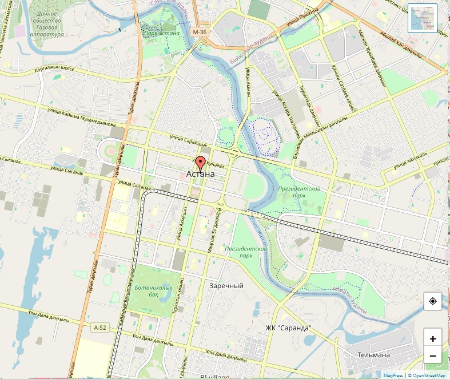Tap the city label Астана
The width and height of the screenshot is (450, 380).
[x=201, y=174]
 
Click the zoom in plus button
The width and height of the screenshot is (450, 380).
[x=433, y=338]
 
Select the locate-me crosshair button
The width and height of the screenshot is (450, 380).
[x=433, y=301]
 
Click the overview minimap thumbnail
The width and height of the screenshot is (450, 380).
[x=423, y=18]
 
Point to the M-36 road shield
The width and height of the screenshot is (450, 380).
[x=200, y=32]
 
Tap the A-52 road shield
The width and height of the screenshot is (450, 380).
[x=99, y=328]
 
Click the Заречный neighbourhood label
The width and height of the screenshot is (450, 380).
[x=226, y=285]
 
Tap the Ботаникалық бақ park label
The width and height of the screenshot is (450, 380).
[x=154, y=291]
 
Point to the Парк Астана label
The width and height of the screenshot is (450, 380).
[x=161, y=33]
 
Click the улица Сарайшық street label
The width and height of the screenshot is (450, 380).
[x=188, y=140]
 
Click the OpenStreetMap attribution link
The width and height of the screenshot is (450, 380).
[x=427, y=376]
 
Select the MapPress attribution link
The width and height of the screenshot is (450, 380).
[x=393, y=376]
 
